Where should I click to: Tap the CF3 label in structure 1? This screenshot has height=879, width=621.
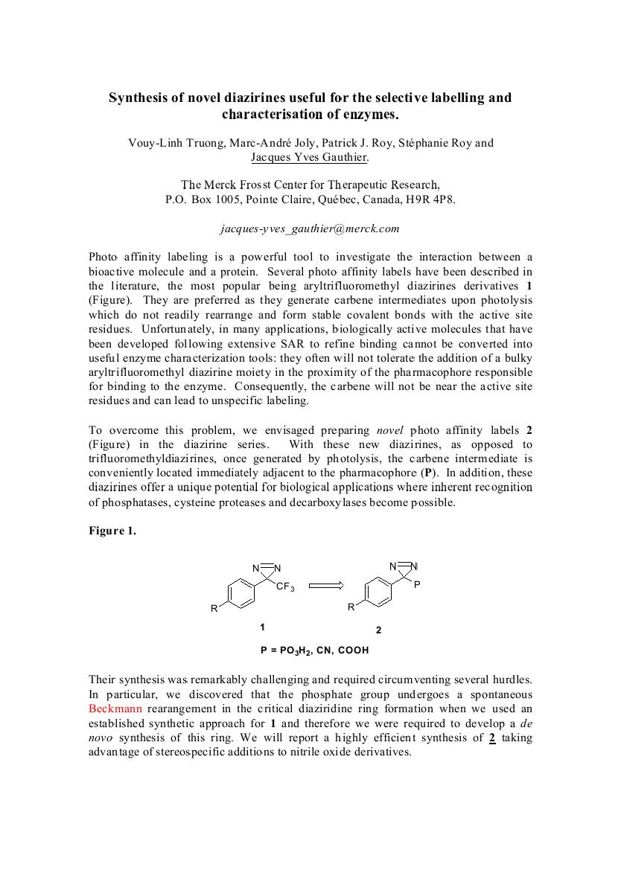pyautogui.click(x=286, y=588)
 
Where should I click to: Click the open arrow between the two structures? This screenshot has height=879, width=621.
pyautogui.click(x=326, y=585)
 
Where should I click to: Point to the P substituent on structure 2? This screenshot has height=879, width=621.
pyautogui.click(x=417, y=585)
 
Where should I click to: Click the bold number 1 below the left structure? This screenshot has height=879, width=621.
pyautogui.click(x=261, y=627)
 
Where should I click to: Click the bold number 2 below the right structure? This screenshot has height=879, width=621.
pyautogui.click(x=378, y=630)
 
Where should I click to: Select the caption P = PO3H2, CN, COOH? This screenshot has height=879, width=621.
pyautogui.click(x=314, y=650)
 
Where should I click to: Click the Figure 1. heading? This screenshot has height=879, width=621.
pyautogui.click(x=112, y=531)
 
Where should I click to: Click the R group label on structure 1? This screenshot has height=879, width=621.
pyautogui.click(x=214, y=609)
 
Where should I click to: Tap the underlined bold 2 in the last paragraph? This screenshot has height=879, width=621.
pyautogui.click(x=493, y=738)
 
